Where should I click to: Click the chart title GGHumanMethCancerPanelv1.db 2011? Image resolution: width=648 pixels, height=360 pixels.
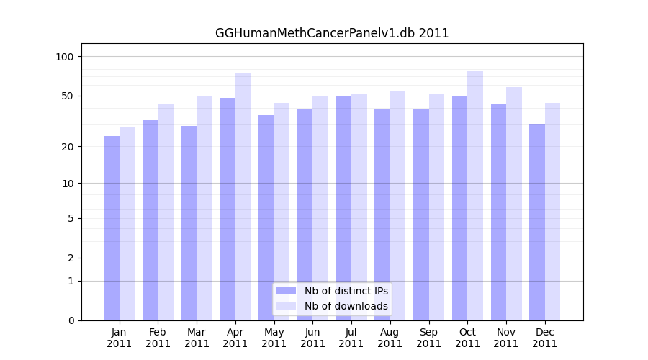tap(332, 33)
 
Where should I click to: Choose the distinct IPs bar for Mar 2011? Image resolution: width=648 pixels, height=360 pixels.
tap(189, 222)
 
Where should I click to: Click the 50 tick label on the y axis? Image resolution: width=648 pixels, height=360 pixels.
tap(68, 96)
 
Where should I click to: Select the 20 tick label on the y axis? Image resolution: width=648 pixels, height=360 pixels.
tap(68, 147)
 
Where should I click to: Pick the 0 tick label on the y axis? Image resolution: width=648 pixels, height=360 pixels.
tap(71, 320)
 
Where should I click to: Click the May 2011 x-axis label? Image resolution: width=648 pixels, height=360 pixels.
tap(274, 338)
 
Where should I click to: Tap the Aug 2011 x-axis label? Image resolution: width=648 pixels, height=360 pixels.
tap(390, 338)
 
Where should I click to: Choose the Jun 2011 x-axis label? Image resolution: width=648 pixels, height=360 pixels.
tap(312, 338)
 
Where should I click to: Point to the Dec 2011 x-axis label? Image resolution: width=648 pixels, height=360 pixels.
tap(544, 338)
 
